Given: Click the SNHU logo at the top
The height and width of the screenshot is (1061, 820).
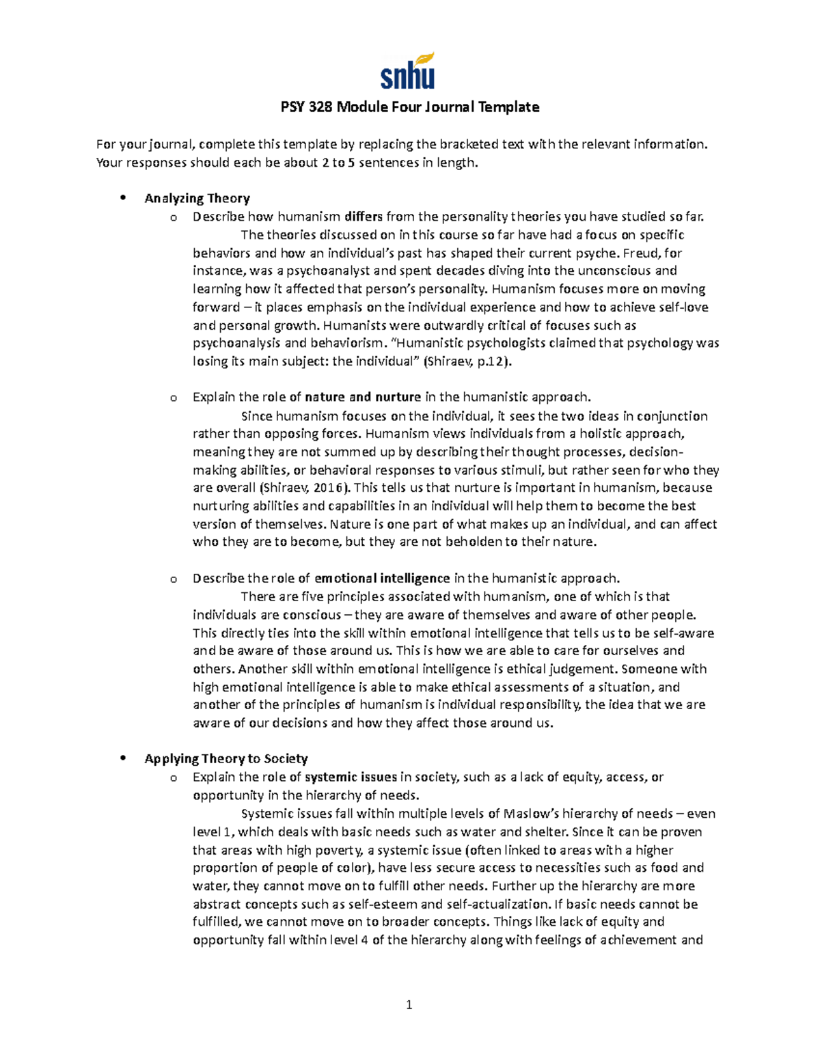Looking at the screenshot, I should click(x=408, y=72).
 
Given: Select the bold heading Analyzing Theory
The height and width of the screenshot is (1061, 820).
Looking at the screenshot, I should click(x=197, y=199).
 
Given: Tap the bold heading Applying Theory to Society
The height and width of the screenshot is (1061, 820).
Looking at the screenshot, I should click(x=226, y=759).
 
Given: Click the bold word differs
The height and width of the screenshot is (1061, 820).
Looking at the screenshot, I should click(x=364, y=217).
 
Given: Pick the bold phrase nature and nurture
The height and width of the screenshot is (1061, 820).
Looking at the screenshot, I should click(x=363, y=398).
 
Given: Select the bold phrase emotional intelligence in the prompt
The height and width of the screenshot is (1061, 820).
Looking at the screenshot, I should click(x=382, y=579).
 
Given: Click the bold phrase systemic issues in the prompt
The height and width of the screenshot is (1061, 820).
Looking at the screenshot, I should click(x=351, y=777).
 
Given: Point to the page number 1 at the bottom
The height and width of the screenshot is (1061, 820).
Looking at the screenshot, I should click(x=409, y=1005).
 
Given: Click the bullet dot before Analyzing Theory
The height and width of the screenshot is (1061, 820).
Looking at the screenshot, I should click(x=123, y=199).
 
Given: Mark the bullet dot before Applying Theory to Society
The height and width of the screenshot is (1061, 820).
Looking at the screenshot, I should click(x=123, y=759).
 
